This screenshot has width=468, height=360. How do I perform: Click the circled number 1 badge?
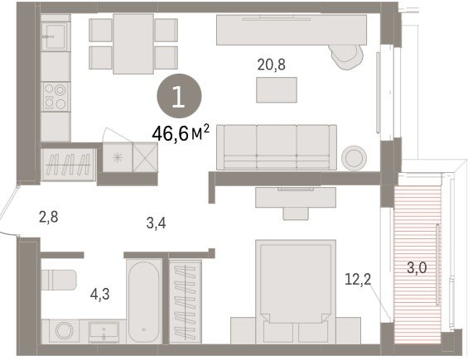coord(179,96)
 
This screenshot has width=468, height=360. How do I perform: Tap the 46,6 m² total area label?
coord(181,133)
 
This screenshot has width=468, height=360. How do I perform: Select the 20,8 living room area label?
coord(272,65)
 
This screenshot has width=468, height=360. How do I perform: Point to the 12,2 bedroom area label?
coord(358,280)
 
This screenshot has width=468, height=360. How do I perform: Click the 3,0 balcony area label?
coord(417,268)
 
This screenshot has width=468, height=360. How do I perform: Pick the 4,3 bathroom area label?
coord(99,295)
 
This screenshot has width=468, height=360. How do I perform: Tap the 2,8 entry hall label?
coord(49,217)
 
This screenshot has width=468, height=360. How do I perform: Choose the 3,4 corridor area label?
coord(156,223)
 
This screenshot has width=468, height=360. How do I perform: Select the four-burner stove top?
coord(55,97)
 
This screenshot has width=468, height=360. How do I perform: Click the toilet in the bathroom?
coord(59,280)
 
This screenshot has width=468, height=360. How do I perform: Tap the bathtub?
coord(144,301)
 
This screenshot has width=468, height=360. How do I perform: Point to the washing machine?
coord(64,331)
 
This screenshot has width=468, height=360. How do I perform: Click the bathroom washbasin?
coord(104,332)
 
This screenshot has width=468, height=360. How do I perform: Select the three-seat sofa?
coord(277,147)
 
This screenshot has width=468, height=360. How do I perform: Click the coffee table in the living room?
coord(277,89)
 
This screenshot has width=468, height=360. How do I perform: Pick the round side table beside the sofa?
coord(354,157)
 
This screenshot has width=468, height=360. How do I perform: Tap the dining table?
coord(133,44)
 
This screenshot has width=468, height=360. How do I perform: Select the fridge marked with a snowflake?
coord(118,157)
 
